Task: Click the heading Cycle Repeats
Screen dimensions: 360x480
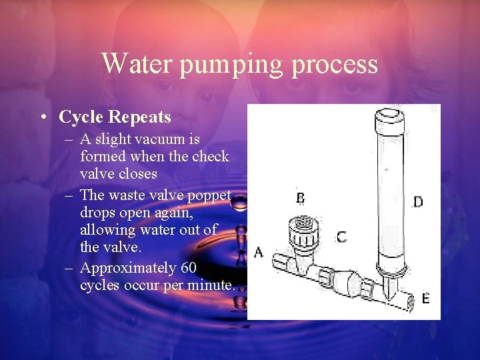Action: point(115,117)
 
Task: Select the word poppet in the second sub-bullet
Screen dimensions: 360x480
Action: point(209,195)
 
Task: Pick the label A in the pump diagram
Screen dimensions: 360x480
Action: point(258,252)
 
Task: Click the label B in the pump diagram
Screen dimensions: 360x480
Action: point(300,198)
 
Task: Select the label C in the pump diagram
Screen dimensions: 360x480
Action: point(341,237)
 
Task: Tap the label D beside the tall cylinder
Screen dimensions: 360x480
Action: point(417,201)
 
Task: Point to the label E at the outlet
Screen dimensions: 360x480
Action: point(425,298)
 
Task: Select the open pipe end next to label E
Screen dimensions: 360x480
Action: point(407,301)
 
